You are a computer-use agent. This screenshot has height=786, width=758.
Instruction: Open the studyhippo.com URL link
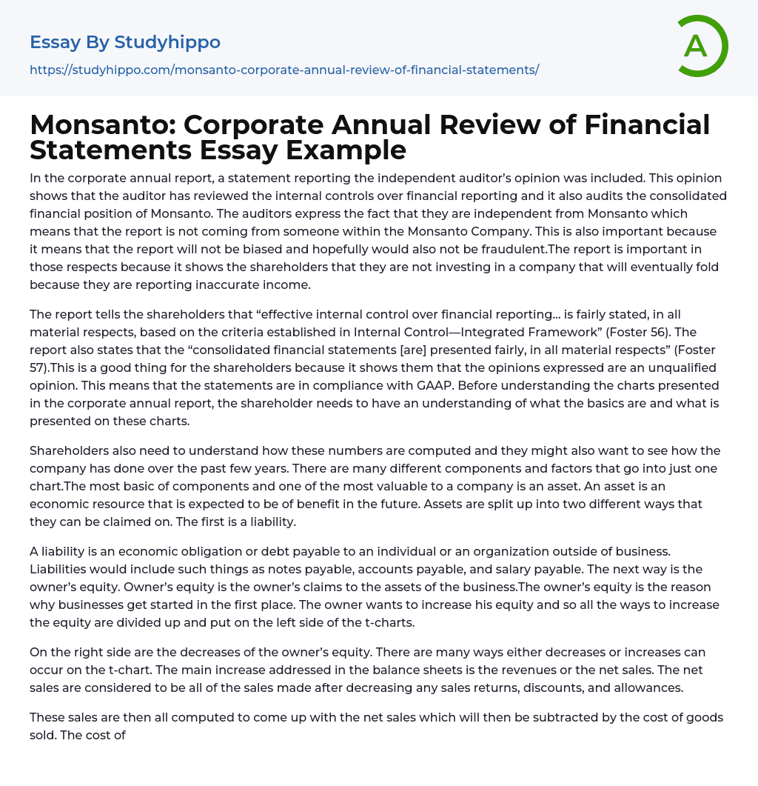284,70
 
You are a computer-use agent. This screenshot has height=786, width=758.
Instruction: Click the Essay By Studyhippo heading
125,42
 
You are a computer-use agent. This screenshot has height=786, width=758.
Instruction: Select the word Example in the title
346,150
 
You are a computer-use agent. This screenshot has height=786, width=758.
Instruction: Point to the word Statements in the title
108,150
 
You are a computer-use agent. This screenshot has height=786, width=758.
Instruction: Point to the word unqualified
667,367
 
